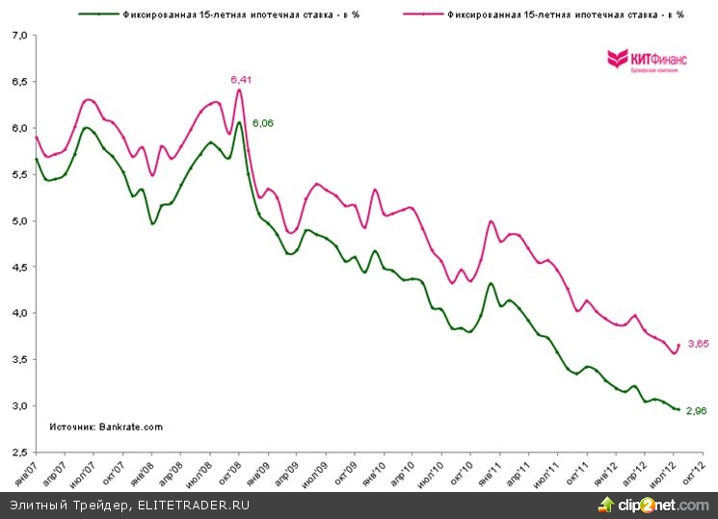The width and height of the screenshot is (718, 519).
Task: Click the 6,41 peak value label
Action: coord(240,79)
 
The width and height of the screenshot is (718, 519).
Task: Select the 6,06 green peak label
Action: coord(263,123)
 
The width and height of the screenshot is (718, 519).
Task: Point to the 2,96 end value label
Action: coord(696,410)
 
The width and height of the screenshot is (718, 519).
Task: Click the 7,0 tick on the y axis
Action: coord(19,36)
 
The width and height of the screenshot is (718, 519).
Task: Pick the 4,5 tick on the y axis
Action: coord(19,268)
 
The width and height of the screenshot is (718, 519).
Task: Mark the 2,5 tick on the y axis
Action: coord(19,453)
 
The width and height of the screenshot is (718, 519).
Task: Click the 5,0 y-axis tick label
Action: coord(19,221)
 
